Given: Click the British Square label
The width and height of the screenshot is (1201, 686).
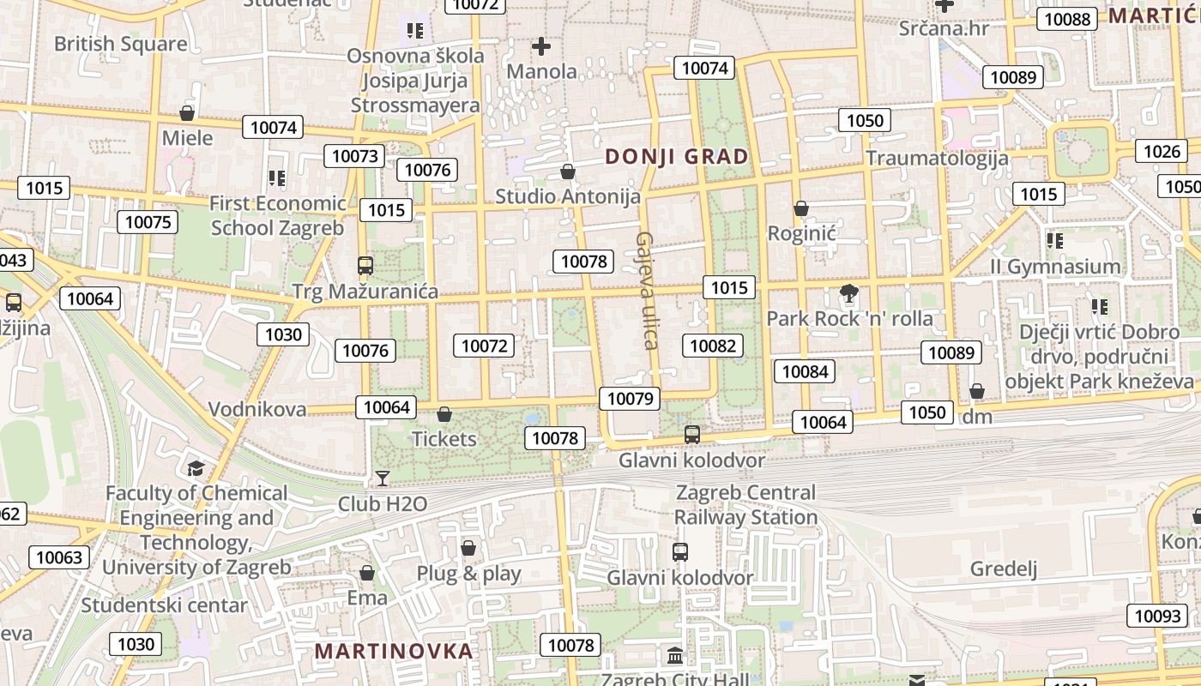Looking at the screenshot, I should tap(120, 44).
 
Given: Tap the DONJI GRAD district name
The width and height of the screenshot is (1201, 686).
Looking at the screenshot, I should tap(677, 157).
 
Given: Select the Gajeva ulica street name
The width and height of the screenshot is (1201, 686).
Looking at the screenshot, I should tap(647, 291).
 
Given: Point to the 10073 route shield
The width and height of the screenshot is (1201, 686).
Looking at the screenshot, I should tap(354, 156).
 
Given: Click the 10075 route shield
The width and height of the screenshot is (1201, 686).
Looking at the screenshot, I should tap(148, 222).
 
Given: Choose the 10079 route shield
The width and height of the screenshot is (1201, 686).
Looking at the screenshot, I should tap(630, 398).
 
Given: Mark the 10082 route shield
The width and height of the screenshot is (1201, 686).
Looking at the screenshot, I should tap(712, 346).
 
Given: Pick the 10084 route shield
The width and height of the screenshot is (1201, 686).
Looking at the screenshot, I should tap(805, 371).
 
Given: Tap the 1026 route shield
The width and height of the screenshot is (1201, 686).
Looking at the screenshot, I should tap(1162, 152).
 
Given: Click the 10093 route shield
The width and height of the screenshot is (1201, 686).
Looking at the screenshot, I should tap(1157, 616).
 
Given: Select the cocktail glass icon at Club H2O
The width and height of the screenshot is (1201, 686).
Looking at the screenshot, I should tap(383, 478).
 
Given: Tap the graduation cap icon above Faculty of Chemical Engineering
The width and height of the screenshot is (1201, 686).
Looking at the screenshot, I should tap(196, 468).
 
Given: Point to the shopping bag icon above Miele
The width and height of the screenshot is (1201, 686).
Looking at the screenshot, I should tap(187, 113).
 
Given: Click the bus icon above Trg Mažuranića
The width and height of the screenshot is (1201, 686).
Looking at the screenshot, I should tap(365, 266).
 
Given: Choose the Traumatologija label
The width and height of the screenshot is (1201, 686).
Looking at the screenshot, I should tap(937, 158).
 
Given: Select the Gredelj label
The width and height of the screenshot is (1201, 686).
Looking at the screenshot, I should tap(1004, 569).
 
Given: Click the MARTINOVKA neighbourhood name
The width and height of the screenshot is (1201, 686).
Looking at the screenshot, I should tap(394, 651).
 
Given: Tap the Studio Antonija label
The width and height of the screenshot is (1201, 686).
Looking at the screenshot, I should tap(568, 196).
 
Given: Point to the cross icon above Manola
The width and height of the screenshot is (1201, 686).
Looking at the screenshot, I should tap(541, 46).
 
